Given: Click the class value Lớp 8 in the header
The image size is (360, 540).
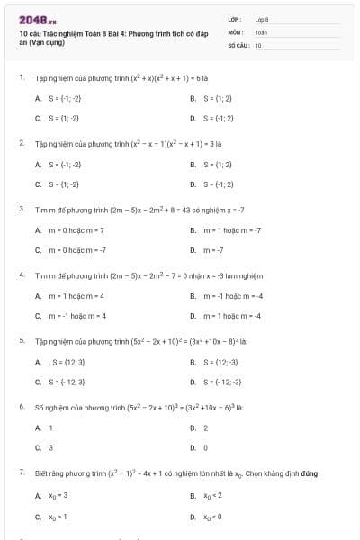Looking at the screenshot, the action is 262,19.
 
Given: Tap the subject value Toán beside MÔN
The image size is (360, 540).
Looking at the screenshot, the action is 261,31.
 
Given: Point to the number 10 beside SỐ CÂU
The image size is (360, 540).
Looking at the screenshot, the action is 258,44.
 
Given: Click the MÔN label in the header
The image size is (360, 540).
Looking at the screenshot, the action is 235,31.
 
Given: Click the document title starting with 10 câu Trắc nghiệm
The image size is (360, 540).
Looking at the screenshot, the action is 108,37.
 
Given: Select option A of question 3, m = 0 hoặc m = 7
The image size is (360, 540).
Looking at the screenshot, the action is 73,230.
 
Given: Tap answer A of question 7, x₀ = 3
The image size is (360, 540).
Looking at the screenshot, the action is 58,496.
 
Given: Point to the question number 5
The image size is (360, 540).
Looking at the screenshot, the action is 22,341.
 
